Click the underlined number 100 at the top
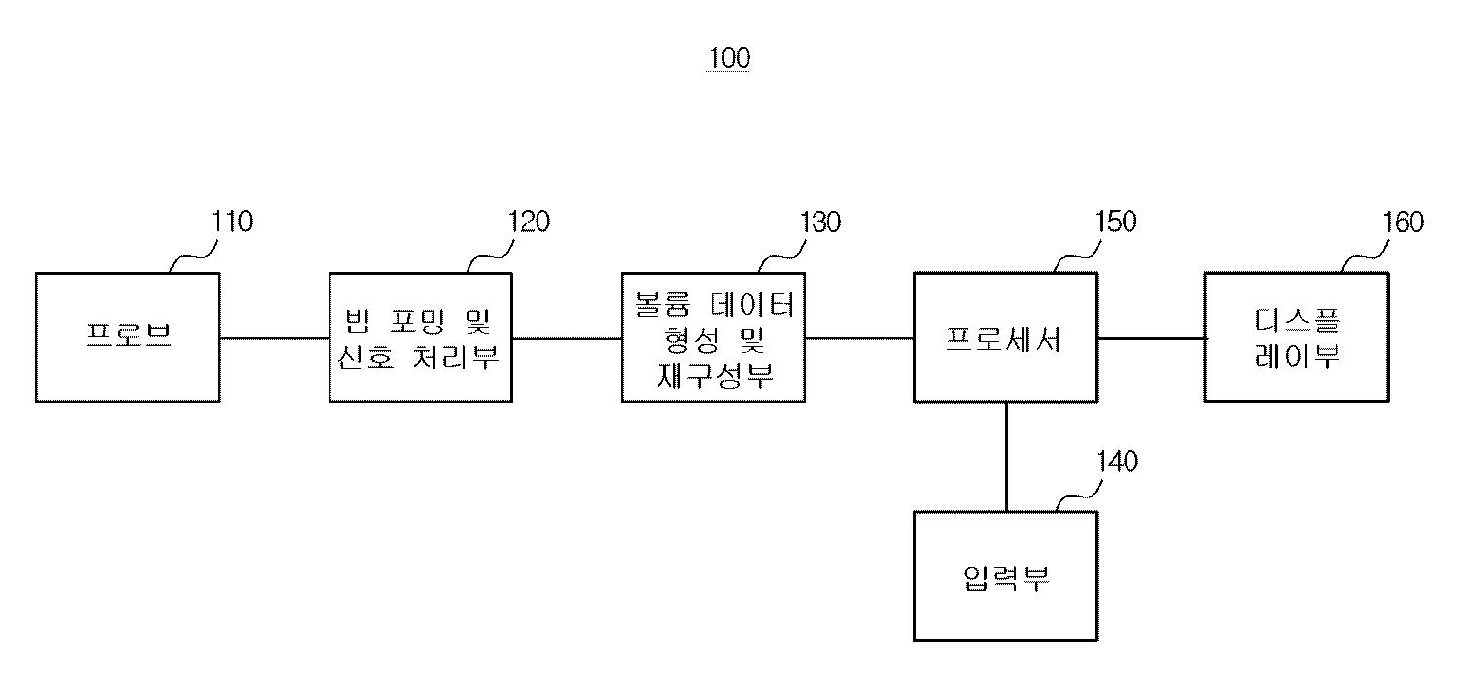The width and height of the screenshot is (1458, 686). click(x=729, y=58)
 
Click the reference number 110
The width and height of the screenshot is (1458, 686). click(x=232, y=223)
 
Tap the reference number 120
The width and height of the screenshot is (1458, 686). click(x=529, y=223)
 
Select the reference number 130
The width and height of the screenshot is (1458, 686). click(x=819, y=223)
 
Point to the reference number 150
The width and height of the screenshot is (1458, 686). click(x=1115, y=223)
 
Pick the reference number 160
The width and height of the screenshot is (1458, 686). click(x=1403, y=223)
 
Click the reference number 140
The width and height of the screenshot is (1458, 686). click(x=1117, y=462)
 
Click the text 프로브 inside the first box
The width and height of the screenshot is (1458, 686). click(x=128, y=337)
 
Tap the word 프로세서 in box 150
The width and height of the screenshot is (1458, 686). click(x=1004, y=338)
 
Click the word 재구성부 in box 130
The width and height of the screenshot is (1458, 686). click(x=713, y=374)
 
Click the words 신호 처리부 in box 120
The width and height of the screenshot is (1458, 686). click(x=418, y=358)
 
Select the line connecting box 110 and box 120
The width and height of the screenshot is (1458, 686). click(x=274, y=338)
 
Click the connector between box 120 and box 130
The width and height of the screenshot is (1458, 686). click(x=567, y=338)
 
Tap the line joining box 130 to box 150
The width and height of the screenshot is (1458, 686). click(x=859, y=338)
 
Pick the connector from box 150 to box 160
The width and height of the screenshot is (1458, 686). click(x=1151, y=338)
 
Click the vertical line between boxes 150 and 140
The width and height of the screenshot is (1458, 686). click(x=1006, y=457)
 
